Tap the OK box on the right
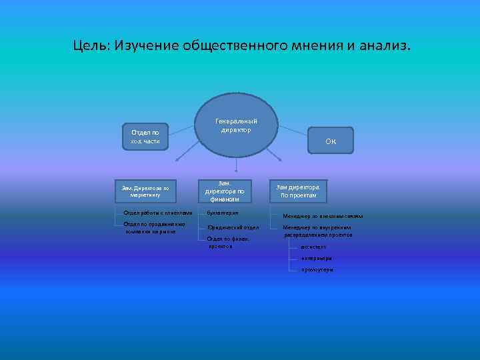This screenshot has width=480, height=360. point(331,141)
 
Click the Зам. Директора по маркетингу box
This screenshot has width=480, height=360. point(145,192)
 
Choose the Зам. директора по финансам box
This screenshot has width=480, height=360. point(225,191)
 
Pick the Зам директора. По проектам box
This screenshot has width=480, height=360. point(298,191)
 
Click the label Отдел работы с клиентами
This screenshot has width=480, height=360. point(157,213)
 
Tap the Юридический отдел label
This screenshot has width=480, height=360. point(233,227)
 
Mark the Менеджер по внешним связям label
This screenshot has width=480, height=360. point(323,216)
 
